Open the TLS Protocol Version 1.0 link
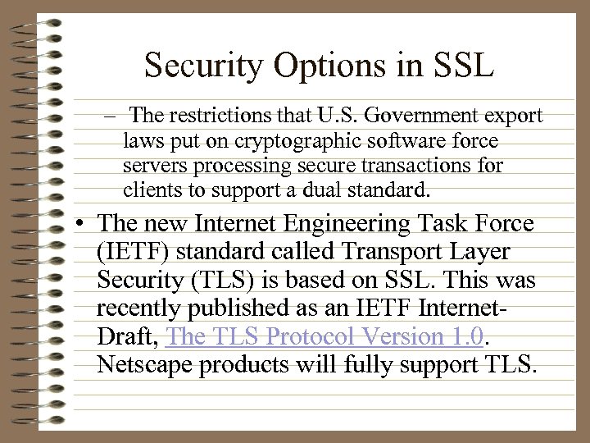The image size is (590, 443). coord(324,336)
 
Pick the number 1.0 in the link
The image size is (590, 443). coord(467,336)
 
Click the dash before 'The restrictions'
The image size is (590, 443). coord(111,114)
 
